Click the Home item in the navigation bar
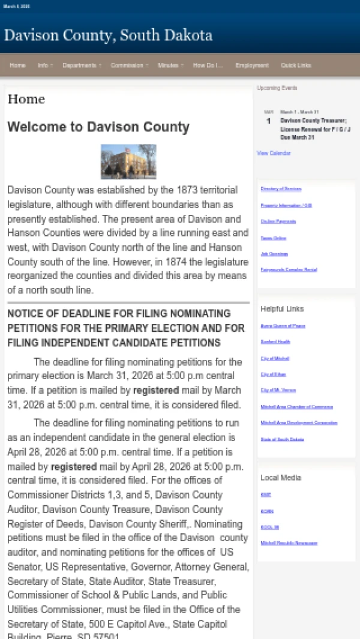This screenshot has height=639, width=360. (17, 65)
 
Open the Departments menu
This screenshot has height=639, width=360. (80, 65)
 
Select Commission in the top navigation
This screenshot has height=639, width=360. (127, 65)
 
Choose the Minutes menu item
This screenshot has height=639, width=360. (168, 65)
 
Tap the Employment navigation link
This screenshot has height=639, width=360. (252, 65)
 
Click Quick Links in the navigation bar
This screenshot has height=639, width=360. (296, 65)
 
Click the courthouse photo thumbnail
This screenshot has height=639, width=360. (128, 161)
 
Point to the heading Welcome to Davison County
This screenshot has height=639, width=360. (98, 127)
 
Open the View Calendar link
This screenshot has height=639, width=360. (274, 153)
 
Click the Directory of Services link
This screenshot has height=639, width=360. (281, 189)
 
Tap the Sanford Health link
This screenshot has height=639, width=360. (275, 342)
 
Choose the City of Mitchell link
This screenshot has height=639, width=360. (275, 358)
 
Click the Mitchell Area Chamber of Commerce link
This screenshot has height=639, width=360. (296, 407)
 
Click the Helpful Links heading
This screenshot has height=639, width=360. (282, 309)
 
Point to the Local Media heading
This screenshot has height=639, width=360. (281, 478)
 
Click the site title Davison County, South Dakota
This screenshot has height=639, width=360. (108, 35)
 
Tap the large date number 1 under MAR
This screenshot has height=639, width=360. (269, 121)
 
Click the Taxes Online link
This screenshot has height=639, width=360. (273, 238)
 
